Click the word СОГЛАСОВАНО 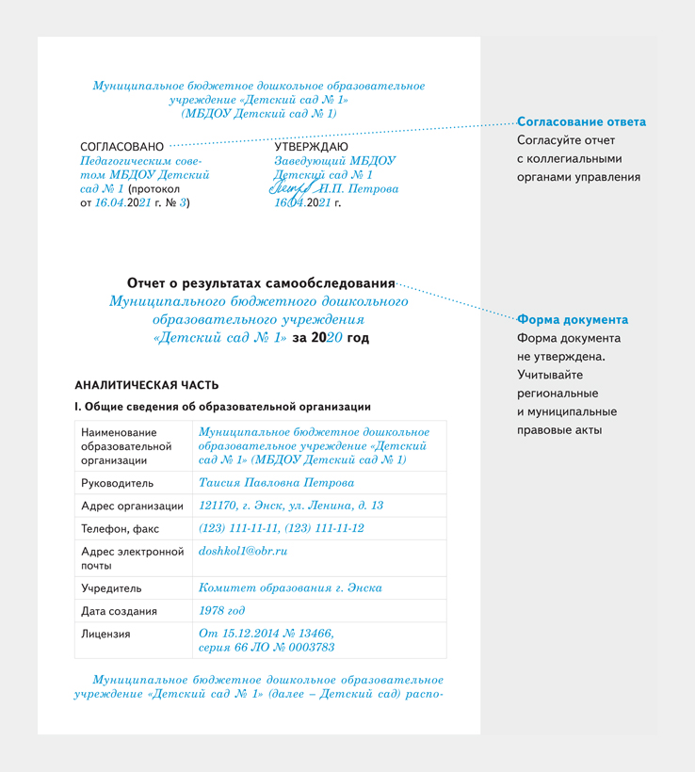coord(121,147)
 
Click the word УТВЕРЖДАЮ coord(311,147)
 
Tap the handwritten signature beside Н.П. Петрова coord(293,188)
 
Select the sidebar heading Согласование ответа coord(581,122)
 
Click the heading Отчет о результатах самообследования coord(261,283)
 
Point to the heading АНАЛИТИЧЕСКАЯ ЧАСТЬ coord(146,385)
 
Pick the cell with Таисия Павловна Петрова coord(277,483)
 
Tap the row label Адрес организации coord(132,507)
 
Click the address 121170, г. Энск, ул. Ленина coord(291,506)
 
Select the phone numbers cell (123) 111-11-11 coord(281,528)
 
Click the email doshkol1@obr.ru coord(242,551)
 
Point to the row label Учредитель coord(111,588)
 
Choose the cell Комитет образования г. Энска coord(290,588)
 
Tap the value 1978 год coord(222,611)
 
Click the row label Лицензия coord(105,635)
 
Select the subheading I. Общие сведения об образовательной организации coord(222,407)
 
